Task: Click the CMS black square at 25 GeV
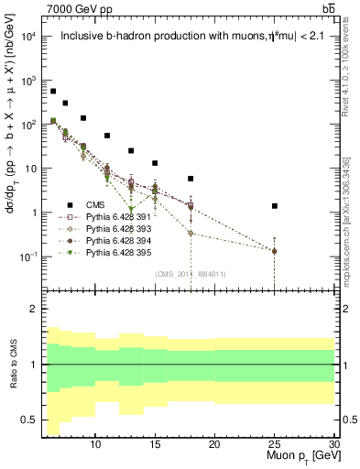275,206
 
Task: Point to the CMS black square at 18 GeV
191,179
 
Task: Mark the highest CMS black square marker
53,92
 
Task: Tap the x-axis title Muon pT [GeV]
300,455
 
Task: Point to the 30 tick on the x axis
334,443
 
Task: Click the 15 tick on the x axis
156,443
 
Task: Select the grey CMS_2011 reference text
191,274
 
